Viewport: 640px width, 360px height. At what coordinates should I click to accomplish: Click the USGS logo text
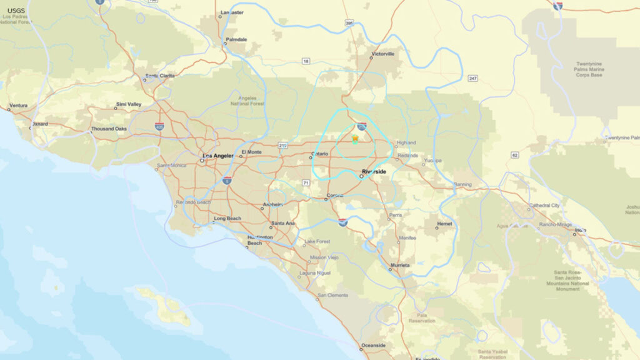(x=16, y=11)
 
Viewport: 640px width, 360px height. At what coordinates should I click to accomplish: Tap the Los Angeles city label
(x=217, y=155)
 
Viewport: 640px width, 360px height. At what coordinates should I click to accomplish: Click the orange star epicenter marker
(x=355, y=137)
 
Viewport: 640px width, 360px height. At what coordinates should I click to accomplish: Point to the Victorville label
(x=383, y=54)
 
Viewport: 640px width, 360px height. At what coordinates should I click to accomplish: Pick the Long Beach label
(x=227, y=219)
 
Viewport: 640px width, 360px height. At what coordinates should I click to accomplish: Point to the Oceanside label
(x=374, y=345)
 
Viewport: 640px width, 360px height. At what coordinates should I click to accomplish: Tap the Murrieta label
(x=400, y=265)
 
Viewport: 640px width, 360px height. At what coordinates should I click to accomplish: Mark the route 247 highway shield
(x=473, y=79)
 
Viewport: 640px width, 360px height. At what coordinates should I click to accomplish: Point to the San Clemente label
(x=332, y=295)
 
